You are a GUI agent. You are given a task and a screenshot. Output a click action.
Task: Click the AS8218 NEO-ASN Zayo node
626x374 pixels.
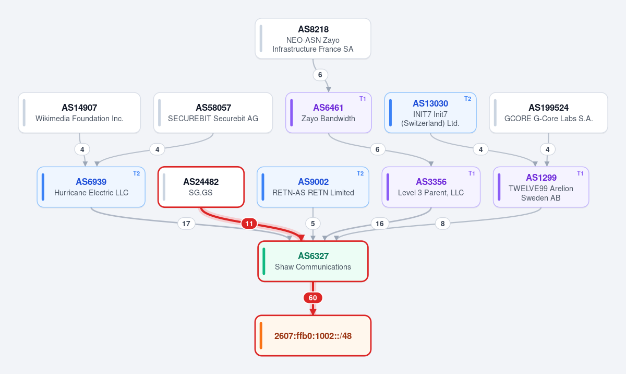(313, 39)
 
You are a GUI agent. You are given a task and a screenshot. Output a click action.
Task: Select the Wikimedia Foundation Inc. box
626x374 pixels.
(79, 113)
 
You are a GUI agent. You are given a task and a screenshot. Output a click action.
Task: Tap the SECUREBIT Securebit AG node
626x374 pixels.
(213, 113)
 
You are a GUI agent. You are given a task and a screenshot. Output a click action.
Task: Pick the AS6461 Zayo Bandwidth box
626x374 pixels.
(328, 113)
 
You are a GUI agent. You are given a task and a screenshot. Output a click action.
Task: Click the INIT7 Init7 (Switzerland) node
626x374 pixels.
(430, 113)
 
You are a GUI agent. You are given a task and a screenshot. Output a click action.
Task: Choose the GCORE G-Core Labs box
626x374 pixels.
(549, 113)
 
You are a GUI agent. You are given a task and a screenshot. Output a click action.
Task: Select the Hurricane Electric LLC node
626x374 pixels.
(91, 187)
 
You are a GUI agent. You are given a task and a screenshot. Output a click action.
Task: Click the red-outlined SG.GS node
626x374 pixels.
(201, 187)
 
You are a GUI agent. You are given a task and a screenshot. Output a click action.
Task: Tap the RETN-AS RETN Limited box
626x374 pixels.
(313, 187)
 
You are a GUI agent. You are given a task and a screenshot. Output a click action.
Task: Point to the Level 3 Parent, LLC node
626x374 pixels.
(431, 187)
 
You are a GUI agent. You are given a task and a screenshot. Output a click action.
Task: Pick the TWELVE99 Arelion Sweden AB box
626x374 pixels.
(541, 187)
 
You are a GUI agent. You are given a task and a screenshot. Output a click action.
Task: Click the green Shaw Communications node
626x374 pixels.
(313, 261)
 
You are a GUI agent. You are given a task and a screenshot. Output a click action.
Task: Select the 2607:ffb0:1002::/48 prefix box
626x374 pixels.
(313, 336)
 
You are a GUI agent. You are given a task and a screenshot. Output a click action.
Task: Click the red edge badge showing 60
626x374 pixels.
(313, 298)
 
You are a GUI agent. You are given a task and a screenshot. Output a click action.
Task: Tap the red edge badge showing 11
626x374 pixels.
(249, 224)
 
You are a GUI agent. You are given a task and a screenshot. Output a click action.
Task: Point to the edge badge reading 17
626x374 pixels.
(186, 224)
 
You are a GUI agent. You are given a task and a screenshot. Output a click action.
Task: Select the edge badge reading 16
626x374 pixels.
(380, 224)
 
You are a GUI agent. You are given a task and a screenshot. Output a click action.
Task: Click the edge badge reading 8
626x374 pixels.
(443, 224)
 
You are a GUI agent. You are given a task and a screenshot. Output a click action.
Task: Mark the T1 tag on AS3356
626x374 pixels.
(472, 173)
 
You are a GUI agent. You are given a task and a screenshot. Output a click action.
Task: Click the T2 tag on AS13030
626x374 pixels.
(468, 99)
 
